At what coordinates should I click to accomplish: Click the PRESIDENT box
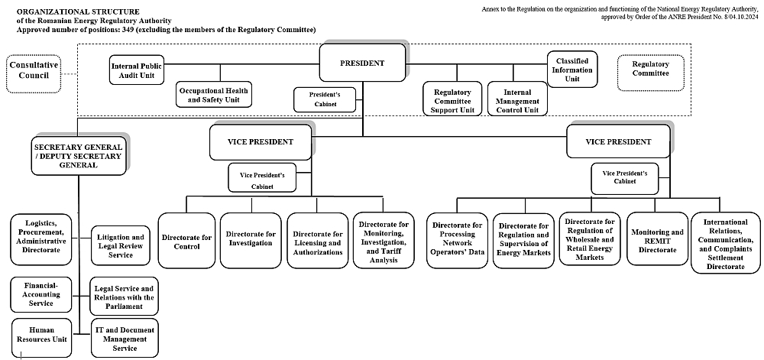pos(362,64)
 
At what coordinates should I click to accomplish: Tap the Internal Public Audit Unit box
pos(137,70)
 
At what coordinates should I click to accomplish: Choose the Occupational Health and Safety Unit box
pos(213,95)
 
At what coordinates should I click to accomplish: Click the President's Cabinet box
pos(325,99)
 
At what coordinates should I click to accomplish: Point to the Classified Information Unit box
pos(572,70)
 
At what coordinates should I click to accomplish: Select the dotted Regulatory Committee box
pos(650,70)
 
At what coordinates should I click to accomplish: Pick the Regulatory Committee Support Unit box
pos(452,100)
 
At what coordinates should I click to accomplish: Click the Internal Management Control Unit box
pos(516,100)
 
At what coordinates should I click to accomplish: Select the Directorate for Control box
pos(186,242)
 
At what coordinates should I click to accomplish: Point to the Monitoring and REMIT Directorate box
pos(657,240)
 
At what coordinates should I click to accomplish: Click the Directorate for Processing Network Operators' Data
pos(457,241)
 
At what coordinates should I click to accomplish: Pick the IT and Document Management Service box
pos(125,338)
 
